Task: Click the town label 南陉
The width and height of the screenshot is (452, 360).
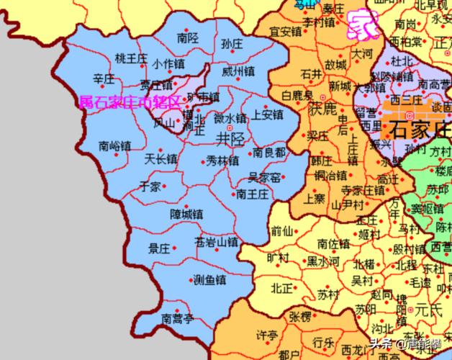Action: coord(186,37)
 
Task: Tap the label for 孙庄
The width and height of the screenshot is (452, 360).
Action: coord(232,45)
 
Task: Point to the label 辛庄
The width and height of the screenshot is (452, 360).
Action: coord(104,77)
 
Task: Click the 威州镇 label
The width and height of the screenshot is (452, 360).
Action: coord(238,71)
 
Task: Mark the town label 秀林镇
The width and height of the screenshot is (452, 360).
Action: coord(222,159)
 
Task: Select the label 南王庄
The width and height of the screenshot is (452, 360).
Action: coord(252,194)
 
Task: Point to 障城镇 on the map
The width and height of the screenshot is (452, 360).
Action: coord(186,214)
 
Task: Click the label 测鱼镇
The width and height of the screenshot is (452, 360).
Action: coord(209,280)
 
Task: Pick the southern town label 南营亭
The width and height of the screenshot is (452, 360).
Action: coord(177,318)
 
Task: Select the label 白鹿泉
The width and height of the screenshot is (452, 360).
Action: coord(297,95)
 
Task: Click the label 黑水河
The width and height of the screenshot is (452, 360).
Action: coord(323,261)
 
